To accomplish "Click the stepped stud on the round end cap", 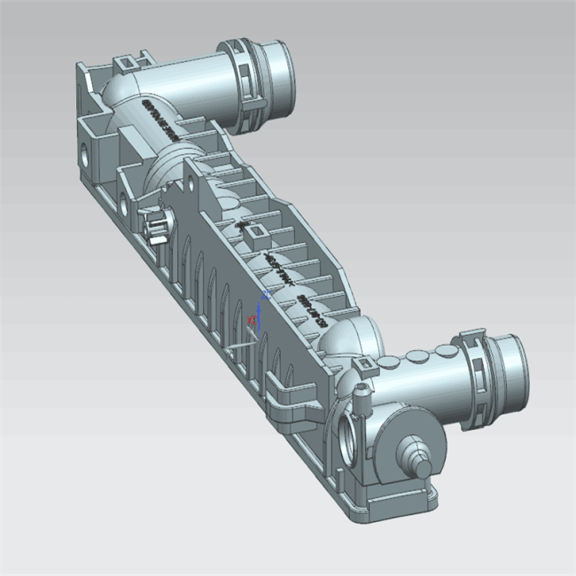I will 416,454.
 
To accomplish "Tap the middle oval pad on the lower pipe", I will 412,358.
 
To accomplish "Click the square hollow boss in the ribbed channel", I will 254,232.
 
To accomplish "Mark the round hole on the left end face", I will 85,153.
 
